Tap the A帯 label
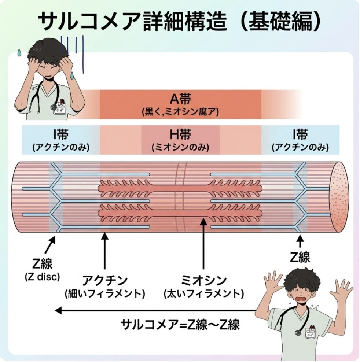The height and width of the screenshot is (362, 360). [x=180, y=99]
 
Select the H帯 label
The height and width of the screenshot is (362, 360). [x=180, y=134]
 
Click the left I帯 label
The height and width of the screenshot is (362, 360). [x=60, y=134]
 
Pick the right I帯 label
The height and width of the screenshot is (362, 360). [x=300, y=134]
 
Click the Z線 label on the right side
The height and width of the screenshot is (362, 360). [x=300, y=257]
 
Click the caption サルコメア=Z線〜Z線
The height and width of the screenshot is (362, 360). [x=180, y=324]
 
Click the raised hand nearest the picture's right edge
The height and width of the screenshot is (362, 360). [x=341, y=289]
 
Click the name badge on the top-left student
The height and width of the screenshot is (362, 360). [x=60, y=107]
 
